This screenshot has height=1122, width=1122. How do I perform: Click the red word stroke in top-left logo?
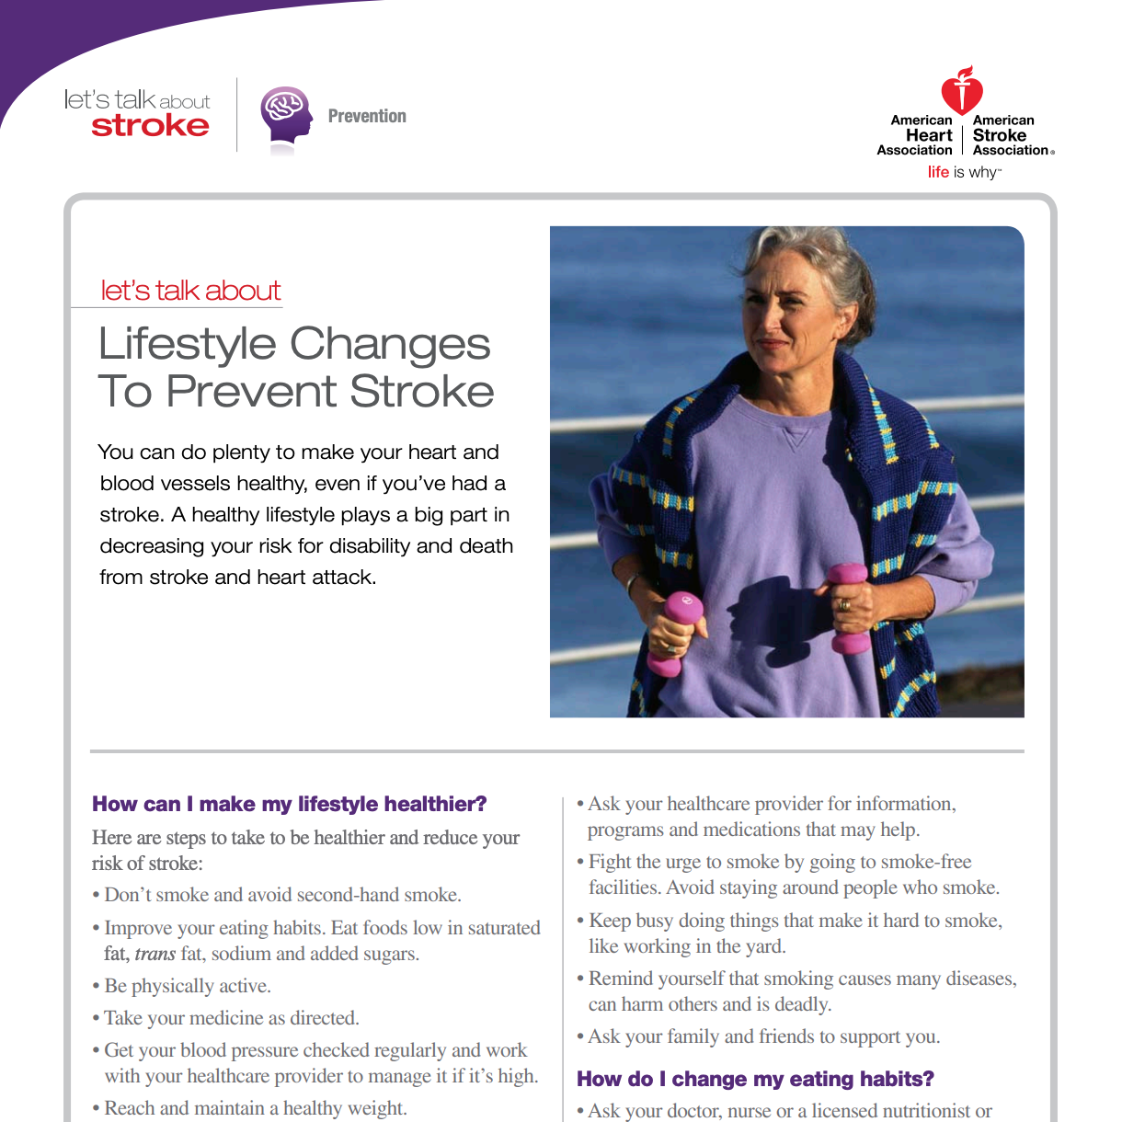pyautogui.click(x=150, y=126)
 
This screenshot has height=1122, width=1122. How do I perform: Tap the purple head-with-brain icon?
pyautogui.click(x=286, y=117)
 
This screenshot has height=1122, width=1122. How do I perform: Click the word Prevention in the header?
pyautogui.click(x=367, y=116)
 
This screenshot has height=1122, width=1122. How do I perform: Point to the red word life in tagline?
pyautogui.click(x=938, y=172)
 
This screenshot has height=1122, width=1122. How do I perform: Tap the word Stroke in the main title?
pyautogui.click(x=422, y=392)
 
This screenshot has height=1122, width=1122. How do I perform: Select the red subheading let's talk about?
pyautogui.click(x=190, y=291)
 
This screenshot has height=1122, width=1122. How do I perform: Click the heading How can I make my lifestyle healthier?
pyautogui.click(x=290, y=804)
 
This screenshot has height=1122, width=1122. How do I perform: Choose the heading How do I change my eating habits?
pyautogui.click(x=755, y=1079)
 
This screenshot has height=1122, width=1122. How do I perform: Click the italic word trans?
pyautogui.click(x=155, y=954)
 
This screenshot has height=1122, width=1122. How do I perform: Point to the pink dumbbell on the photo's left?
pyautogui.click(x=676, y=630)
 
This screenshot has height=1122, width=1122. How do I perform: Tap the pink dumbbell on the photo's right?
pyautogui.click(x=849, y=607)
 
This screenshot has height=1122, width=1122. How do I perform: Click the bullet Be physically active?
pyautogui.click(x=188, y=986)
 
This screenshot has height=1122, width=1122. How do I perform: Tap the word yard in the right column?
pyautogui.click(x=764, y=946)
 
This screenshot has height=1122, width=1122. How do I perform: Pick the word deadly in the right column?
pyautogui.click(x=803, y=1004)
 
